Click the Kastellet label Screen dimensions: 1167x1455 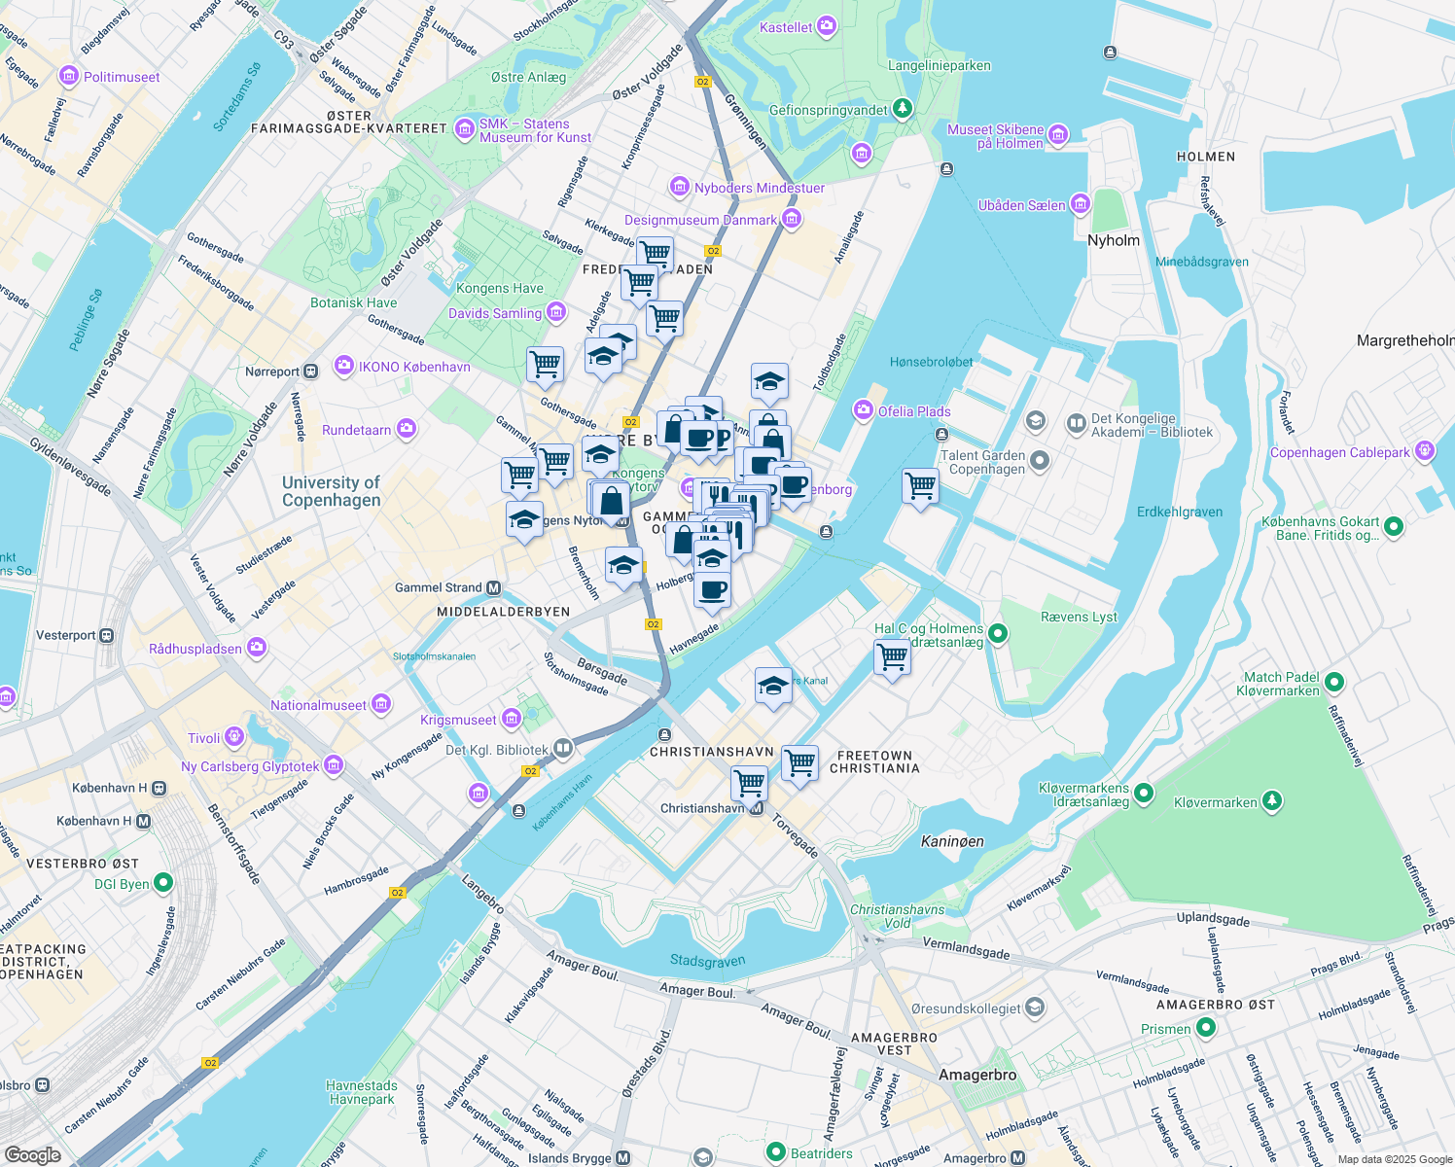(x=785, y=27)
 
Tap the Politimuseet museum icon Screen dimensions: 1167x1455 (x=68, y=76)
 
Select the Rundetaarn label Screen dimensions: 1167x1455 (x=356, y=430)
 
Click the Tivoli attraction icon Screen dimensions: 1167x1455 (x=233, y=738)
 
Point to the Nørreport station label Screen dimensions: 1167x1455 (x=272, y=371)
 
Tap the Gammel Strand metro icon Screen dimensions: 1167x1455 (x=494, y=587)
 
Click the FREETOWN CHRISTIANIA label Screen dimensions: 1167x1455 (x=874, y=761)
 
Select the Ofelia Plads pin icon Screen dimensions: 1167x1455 (x=863, y=411)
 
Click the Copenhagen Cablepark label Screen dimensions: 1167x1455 (x=1339, y=452)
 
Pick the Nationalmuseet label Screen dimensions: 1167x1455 (x=318, y=705)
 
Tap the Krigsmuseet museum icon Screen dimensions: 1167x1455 (x=512, y=720)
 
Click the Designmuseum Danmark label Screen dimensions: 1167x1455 (x=700, y=220)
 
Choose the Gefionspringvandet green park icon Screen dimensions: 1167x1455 (x=904, y=108)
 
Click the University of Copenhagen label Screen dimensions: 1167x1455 (x=331, y=491)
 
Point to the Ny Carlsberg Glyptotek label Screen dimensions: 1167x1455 (x=250, y=766)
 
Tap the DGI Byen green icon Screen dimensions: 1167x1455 (x=163, y=883)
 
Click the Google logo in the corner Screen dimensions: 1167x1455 (x=32, y=1154)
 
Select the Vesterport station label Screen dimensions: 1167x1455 (x=66, y=635)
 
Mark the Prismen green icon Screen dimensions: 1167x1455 (x=1206, y=1028)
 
